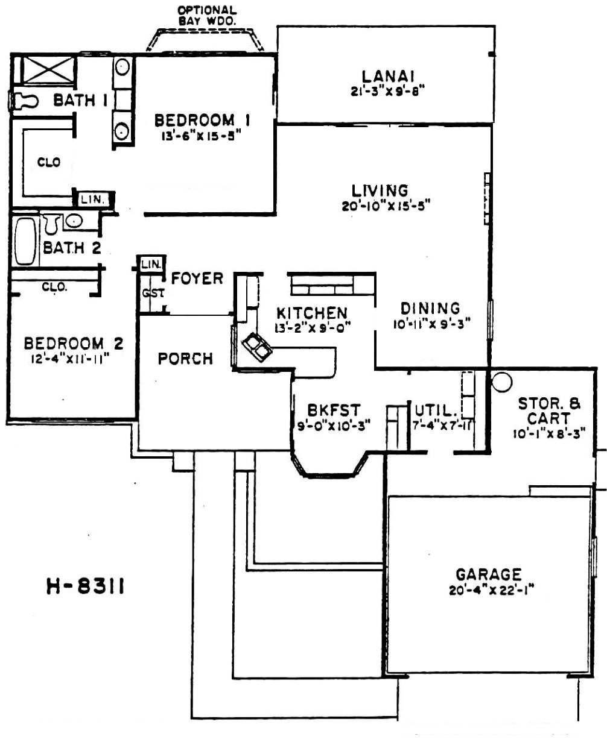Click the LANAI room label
(388, 77)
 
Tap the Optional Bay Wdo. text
(207, 16)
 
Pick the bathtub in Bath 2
(25, 242)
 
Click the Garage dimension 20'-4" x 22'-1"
(491, 590)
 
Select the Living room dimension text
(386, 206)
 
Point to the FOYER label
(197, 278)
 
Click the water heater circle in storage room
(501, 382)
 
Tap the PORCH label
(185, 359)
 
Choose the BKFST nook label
(334, 410)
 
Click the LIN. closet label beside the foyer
(151, 264)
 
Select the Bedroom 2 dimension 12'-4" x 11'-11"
(70, 359)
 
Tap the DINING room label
(430, 308)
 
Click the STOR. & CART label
(549, 411)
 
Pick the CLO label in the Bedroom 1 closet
(49, 162)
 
